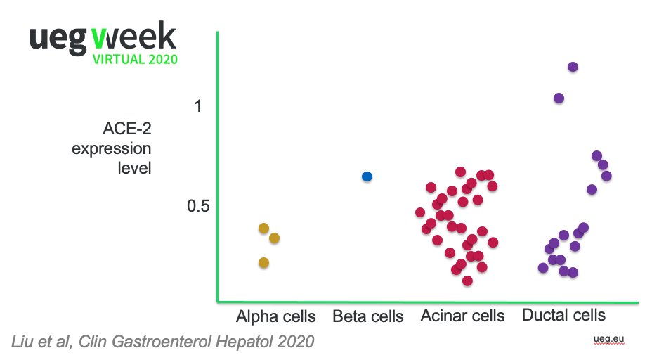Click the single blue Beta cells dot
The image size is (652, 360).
click(x=367, y=176)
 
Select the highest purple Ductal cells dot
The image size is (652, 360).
click(x=573, y=67)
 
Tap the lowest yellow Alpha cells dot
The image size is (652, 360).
click(x=263, y=263)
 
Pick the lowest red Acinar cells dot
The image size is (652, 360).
click(x=467, y=281)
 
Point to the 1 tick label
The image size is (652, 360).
click(x=198, y=106)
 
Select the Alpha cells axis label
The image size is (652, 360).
click(x=276, y=316)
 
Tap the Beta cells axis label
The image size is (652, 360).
click(x=368, y=316)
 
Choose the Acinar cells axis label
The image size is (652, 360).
click(x=462, y=316)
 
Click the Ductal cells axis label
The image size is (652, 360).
click(x=563, y=315)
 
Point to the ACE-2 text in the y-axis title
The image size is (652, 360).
click(x=127, y=129)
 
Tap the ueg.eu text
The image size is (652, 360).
click(x=608, y=340)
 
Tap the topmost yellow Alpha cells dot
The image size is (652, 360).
click(x=264, y=228)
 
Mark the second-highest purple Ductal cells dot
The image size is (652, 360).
click(x=559, y=98)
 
